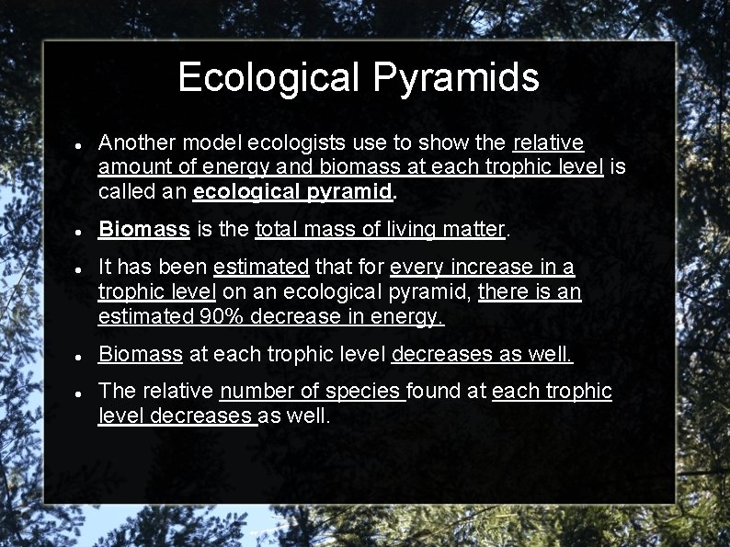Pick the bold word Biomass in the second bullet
[x=144, y=229]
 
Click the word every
[x=417, y=268]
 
